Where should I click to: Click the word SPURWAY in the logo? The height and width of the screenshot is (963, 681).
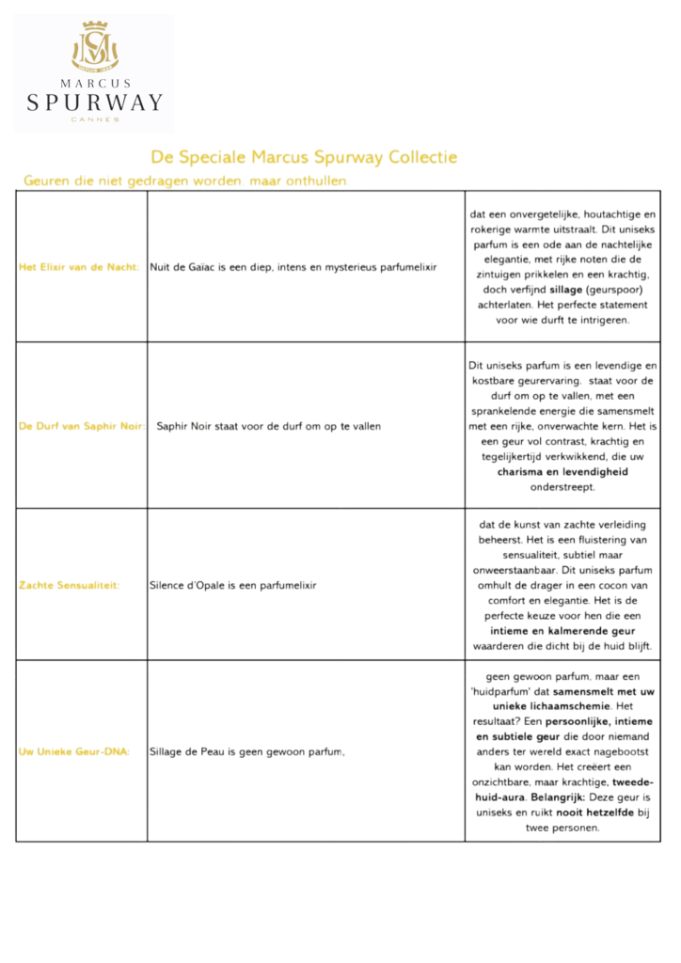(95, 103)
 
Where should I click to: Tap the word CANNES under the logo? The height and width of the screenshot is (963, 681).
(95, 119)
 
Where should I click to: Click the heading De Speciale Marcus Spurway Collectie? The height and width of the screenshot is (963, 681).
(304, 157)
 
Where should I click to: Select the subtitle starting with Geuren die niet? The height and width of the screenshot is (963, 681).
(185, 180)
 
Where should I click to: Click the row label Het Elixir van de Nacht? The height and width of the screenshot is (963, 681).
(79, 267)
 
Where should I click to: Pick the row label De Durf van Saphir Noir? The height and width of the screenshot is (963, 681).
(81, 426)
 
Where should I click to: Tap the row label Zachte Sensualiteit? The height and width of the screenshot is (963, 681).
(69, 585)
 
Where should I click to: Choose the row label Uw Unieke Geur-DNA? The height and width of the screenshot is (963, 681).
(74, 751)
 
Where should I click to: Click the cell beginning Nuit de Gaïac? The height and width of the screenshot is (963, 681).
(293, 267)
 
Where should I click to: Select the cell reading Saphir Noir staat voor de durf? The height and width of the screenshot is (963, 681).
(268, 426)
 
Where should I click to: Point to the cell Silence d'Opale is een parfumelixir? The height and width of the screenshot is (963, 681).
(233, 585)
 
